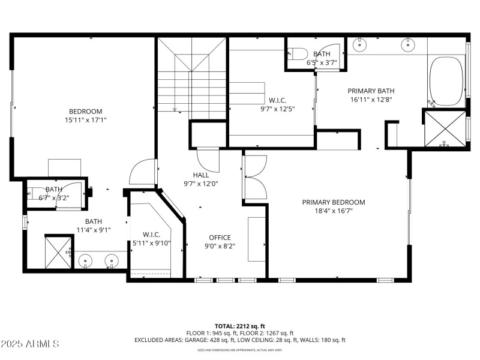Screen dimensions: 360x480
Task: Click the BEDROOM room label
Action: [85, 111]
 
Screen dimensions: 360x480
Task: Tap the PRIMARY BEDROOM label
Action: [333, 202]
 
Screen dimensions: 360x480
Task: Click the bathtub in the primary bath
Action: [446, 82]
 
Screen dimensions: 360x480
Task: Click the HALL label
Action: [200, 175]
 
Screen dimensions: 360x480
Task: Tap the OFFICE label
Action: [220, 237]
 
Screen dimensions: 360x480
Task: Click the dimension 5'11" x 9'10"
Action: [152, 243]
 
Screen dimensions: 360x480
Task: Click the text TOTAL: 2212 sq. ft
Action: [239, 325]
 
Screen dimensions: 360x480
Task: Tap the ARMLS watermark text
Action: [30, 344]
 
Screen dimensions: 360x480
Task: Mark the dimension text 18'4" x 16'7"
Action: [333, 211]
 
